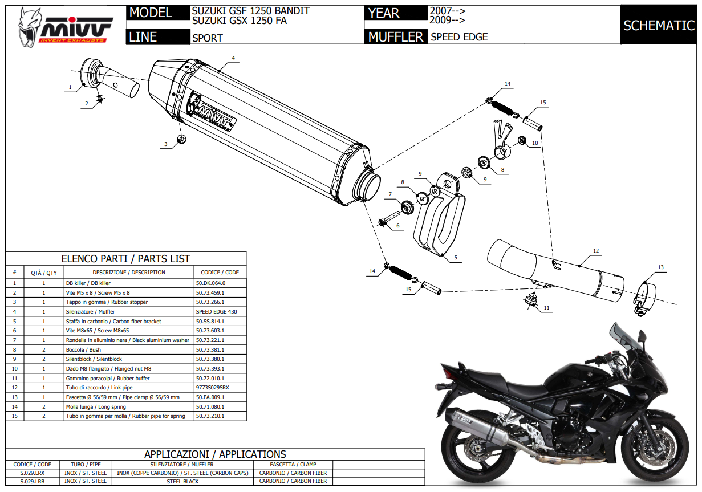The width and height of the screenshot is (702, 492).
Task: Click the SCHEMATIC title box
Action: click(x=659, y=25)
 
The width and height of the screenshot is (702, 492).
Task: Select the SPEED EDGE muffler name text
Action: click(x=459, y=37)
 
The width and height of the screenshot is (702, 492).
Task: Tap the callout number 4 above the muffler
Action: click(x=233, y=58)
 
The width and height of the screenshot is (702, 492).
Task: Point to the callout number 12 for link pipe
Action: click(x=596, y=251)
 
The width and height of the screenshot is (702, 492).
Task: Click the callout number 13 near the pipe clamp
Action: click(x=660, y=267)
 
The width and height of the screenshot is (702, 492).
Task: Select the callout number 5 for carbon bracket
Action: click(x=456, y=258)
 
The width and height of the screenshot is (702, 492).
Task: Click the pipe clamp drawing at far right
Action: click(x=644, y=296)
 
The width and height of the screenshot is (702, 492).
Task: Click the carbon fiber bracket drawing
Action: click(x=439, y=217)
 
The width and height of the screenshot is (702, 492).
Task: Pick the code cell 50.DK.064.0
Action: click(x=211, y=283)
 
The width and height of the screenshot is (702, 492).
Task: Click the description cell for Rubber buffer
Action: click(x=128, y=379)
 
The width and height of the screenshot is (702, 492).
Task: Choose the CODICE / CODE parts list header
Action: click(x=220, y=273)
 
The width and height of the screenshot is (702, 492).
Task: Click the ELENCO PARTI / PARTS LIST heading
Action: click(x=125, y=259)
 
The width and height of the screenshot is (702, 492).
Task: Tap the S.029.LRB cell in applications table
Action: click(x=33, y=481)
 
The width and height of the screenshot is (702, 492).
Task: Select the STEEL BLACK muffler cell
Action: click(x=182, y=481)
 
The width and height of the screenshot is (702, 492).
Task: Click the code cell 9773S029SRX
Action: click(x=213, y=388)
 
